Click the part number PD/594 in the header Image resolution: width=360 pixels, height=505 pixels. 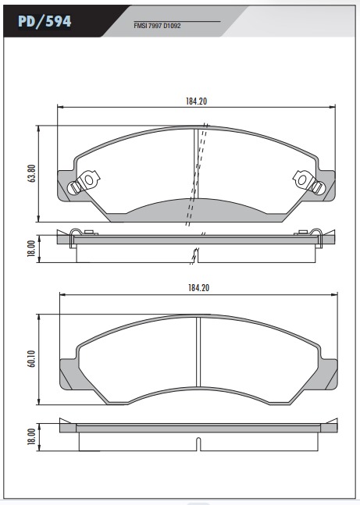(x=45, y=22)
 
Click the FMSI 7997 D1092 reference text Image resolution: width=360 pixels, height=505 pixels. (x=157, y=26)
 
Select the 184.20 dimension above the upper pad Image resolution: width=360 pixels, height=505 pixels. (x=196, y=101)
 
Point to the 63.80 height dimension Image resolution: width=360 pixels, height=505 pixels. (x=31, y=173)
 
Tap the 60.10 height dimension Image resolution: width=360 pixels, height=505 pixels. (x=31, y=359)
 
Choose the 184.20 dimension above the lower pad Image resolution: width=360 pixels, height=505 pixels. (x=199, y=287)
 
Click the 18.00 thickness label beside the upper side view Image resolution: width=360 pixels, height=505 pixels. (x=31, y=248)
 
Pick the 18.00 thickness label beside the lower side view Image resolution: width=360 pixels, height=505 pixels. (x=31, y=437)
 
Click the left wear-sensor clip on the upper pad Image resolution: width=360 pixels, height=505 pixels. (x=84, y=182)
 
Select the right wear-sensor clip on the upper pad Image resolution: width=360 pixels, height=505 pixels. (x=308, y=182)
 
